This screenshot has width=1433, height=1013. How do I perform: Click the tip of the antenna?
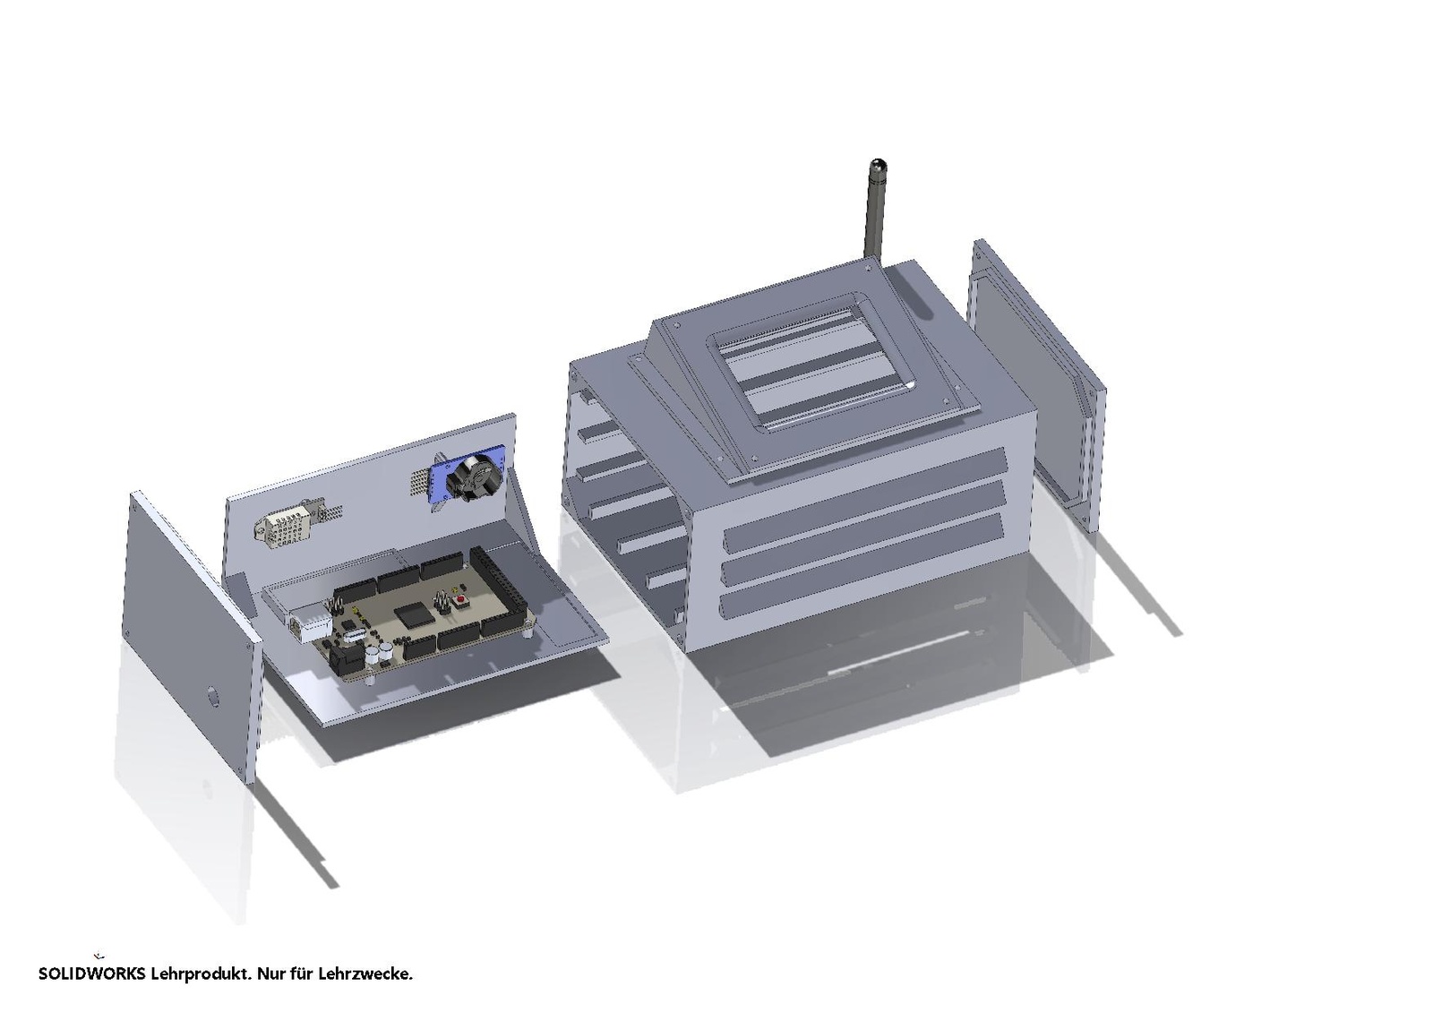(x=875, y=160)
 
